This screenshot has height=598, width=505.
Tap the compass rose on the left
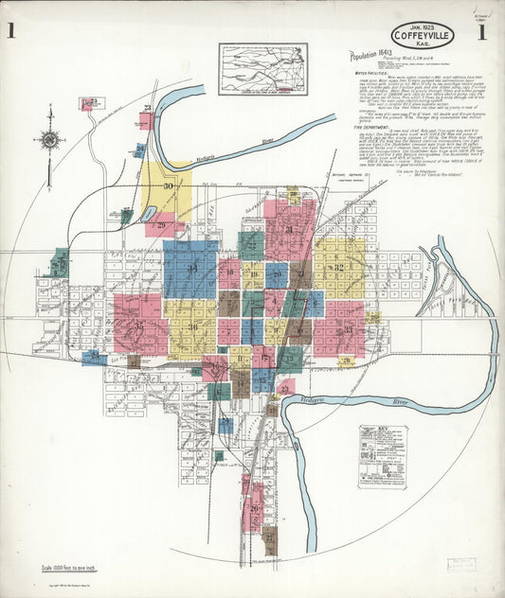coord(49,140)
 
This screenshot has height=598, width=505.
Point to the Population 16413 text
coord(371,56)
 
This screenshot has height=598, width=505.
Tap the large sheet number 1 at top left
coord(11,32)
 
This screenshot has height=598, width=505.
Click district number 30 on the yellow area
coord(169,186)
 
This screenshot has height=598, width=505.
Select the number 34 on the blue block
coord(191,269)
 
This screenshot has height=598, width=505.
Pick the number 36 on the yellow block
coord(193,327)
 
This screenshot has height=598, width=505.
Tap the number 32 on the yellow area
coord(338,267)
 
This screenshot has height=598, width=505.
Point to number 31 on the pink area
coord(289,229)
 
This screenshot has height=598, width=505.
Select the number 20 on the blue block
coord(277,276)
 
